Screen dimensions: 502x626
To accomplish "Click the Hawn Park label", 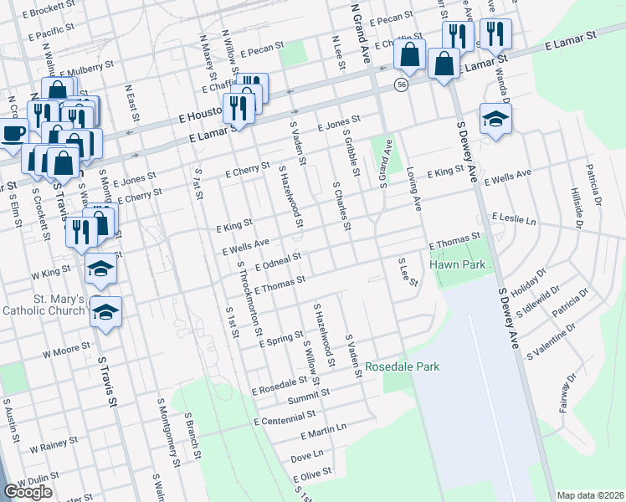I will [457, 264].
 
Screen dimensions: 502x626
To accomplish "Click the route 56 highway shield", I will [403, 85].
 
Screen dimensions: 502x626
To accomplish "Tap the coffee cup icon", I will [12, 133].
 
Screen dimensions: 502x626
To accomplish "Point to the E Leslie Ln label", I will [514, 218].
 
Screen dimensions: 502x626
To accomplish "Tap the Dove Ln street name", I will [307, 456].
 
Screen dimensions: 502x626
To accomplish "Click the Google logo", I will [28, 492].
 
